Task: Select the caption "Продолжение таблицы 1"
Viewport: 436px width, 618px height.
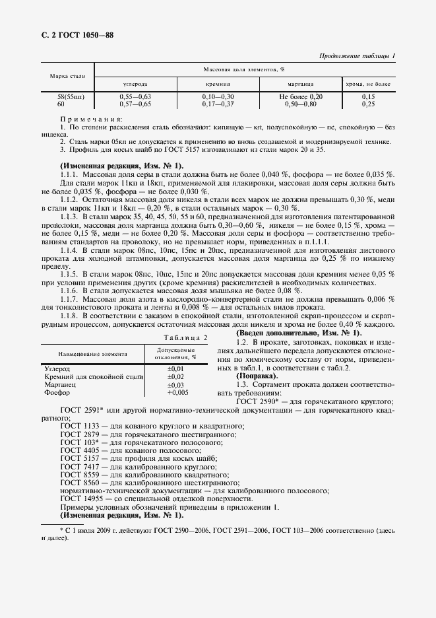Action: (x=357, y=56)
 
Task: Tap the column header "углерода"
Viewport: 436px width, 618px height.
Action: (x=135, y=85)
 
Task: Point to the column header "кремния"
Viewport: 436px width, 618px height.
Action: (x=218, y=85)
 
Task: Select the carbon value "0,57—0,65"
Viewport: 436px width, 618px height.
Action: (x=135, y=104)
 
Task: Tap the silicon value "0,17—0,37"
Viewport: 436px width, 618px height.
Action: (x=218, y=104)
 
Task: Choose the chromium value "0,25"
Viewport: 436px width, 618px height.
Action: (x=368, y=104)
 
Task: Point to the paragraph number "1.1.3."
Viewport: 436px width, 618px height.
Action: (x=70, y=217)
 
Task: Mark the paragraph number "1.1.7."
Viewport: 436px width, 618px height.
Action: (x=70, y=299)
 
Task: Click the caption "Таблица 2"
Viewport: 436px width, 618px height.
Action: (x=185, y=337)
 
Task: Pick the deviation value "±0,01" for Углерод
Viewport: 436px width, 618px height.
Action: (x=175, y=367)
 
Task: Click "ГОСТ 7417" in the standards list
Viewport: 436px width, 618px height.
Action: (x=78, y=466)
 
